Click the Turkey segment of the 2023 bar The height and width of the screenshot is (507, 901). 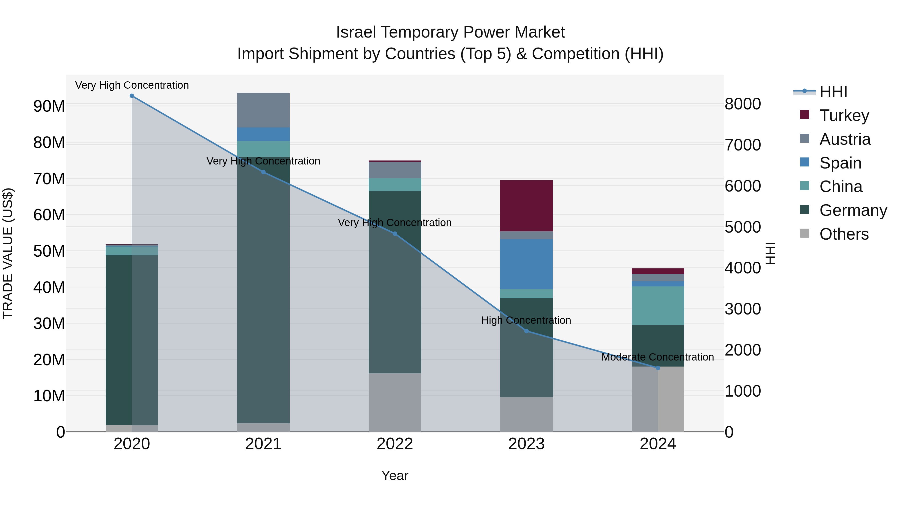point(526,206)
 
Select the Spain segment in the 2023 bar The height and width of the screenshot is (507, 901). point(526,264)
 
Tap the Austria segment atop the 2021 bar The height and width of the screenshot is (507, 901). point(263,110)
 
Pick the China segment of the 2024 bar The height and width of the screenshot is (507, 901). point(657,305)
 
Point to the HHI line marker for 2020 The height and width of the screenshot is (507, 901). point(132,96)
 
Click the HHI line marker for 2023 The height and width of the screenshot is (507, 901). point(526,331)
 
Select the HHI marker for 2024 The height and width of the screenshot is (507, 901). point(657,368)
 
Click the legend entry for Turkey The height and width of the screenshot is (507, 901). point(844,115)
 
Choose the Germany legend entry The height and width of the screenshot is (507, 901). point(853,210)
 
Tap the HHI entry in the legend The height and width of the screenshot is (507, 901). point(833,92)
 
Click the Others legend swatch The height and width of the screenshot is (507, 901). point(804,233)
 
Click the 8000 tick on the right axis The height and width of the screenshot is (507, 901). point(743,104)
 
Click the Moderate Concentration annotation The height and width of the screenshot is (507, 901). point(657,357)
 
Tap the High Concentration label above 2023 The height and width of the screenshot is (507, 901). point(526,320)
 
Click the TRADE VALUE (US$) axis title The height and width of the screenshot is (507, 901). point(8,253)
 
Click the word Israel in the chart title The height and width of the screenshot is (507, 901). point(356,33)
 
